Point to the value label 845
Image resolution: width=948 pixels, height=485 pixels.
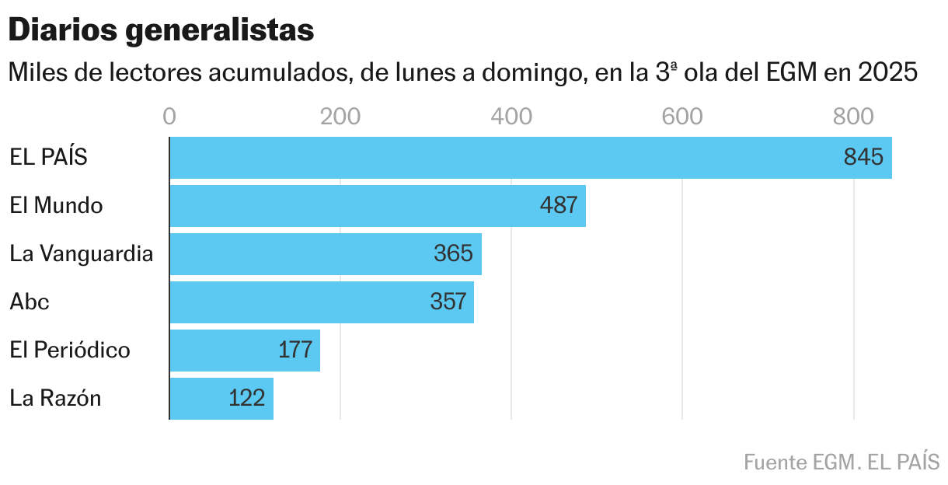point(863,158)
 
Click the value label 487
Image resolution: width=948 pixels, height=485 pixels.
point(558,206)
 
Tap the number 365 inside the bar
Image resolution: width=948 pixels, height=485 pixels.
point(453,254)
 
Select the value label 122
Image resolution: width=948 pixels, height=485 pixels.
point(247,399)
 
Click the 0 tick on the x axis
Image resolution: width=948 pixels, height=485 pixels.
point(169,117)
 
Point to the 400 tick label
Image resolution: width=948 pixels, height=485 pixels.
point(511,117)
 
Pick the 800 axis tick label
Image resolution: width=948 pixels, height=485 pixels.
point(853,117)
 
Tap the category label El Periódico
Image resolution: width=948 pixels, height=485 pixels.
point(70,351)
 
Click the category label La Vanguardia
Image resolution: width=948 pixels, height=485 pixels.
point(82,254)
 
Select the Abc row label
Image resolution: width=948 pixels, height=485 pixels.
point(30,302)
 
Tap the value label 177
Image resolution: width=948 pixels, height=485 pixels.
point(295,351)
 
